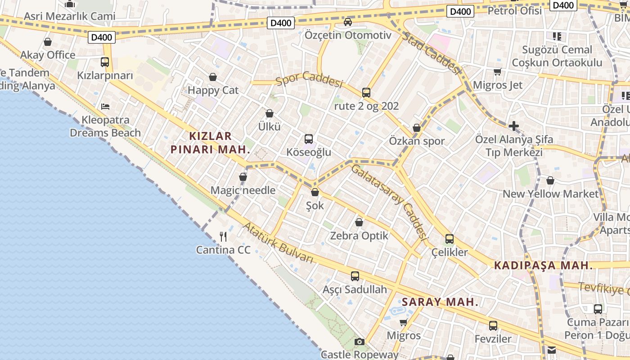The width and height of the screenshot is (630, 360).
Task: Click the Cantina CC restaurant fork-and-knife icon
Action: (223, 236)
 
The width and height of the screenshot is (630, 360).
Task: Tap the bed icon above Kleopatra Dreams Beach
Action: (105, 107)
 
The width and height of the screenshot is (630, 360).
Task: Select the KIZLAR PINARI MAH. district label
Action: (211, 143)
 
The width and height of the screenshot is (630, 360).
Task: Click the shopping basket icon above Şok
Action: (315, 193)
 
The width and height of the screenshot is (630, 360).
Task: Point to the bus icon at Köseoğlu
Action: (309, 139)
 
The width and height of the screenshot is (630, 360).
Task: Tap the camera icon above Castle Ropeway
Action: (359, 342)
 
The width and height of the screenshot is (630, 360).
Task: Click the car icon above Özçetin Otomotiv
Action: (348, 22)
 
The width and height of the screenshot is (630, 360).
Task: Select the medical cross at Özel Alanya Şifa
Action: (514, 126)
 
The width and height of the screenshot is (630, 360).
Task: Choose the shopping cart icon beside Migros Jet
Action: (498, 72)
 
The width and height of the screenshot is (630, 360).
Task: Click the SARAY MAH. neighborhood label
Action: (440, 302)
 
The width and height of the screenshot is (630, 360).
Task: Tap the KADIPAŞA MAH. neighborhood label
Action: (544, 265)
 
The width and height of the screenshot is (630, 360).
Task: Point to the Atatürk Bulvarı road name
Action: (278, 242)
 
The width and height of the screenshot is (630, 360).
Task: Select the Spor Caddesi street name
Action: (310, 80)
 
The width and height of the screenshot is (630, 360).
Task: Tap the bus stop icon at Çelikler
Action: (450, 239)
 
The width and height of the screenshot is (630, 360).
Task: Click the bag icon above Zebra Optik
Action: (359, 222)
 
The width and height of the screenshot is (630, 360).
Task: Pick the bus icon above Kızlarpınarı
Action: (105, 62)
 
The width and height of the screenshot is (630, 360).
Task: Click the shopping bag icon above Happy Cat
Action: (213, 77)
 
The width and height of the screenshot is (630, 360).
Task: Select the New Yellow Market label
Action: (550, 194)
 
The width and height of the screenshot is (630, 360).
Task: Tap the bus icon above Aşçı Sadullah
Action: (355, 276)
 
